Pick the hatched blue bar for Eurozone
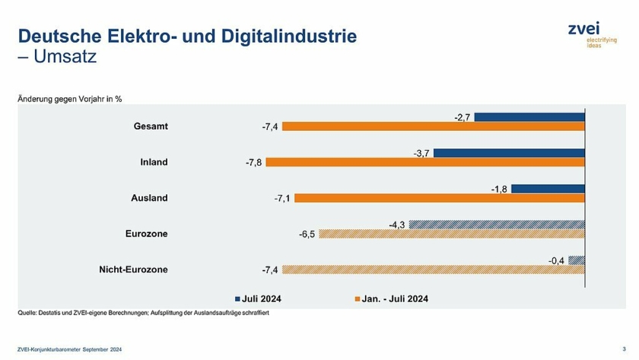(496, 225)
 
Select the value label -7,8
(253, 163)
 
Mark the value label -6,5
(307, 234)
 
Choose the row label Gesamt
(151, 126)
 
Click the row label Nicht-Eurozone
(134, 269)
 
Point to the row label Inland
(154, 162)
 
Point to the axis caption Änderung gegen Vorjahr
(69, 99)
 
